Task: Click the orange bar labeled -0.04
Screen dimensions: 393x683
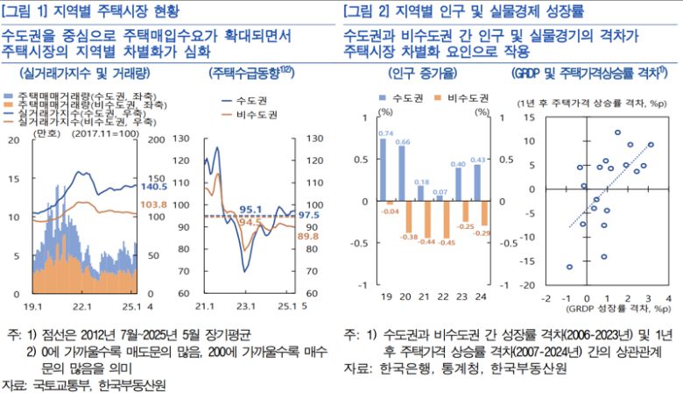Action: (x=391, y=204)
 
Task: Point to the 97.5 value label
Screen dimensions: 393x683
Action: (x=308, y=215)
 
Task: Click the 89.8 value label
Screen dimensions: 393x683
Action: (x=308, y=236)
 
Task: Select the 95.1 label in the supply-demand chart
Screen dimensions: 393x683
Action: (x=251, y=209)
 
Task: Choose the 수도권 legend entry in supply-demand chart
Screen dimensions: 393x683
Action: (x=257, y=99)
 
